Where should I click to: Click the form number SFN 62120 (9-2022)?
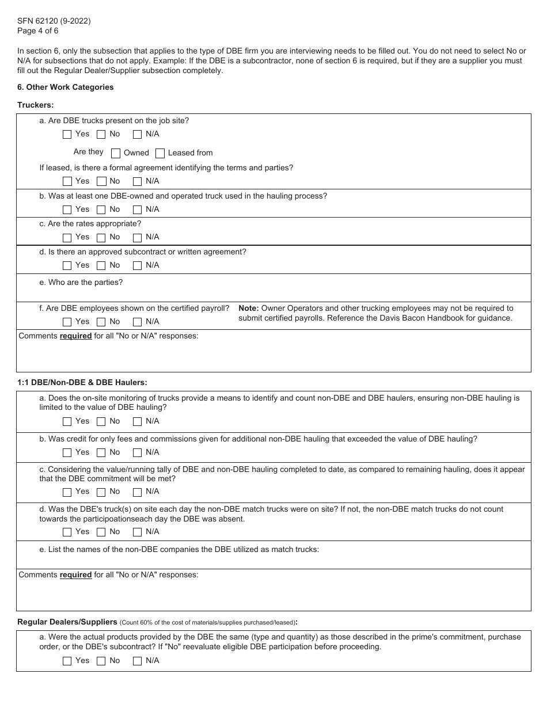click(x=54, y=21)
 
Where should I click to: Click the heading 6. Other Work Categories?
click(x=65, y=87)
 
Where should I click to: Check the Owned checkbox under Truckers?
click(x=116, y=153)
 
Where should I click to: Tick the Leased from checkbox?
click(x=159, y=153)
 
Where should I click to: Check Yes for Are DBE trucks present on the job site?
click(x=67, y=135)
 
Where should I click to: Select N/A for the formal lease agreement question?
click(x=137, y=182)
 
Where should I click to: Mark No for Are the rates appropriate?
click(x=101, y=238)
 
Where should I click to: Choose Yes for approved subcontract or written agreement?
click(x=67, y=266)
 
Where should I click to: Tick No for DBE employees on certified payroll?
click(x=101, y=322)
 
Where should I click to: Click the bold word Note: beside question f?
click(x=249, y=308)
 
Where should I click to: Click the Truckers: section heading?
click(x=36, y=105)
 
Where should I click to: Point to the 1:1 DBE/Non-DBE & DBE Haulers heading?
click(x=82, y=382)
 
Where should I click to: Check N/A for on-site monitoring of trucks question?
click(x=137, y=422)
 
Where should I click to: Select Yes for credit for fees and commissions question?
click(x=67, y=453)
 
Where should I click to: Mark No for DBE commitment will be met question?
click(x=101, y=492)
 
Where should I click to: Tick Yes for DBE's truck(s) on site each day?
click(x=67, y=532)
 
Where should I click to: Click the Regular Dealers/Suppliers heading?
click(x=67, y=622)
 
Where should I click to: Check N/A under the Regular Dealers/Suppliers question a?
click(x=137, y=661)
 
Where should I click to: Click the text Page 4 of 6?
click(x=37, y=31)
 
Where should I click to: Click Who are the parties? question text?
click(x=81, y=282)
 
